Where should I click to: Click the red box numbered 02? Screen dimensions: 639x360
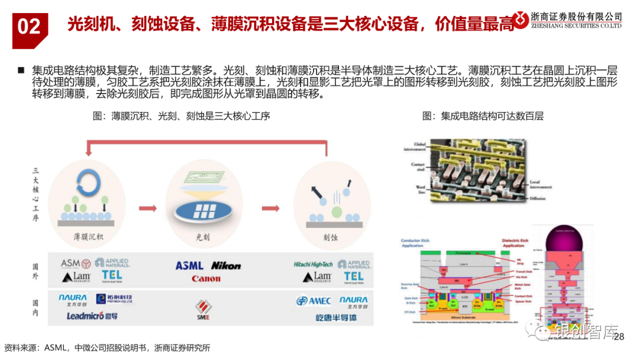coord(29,27)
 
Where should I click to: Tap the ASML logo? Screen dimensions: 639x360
coord(189,266)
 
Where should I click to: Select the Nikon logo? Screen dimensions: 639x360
coord(226,266)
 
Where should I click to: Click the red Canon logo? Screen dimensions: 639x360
coord(206,278)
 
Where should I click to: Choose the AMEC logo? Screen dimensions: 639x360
coord(314,301)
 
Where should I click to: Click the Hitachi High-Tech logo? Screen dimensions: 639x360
coord(314,264)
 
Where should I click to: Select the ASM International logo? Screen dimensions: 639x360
coord(76,263)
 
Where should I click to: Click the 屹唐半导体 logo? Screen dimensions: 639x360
coord(336,318)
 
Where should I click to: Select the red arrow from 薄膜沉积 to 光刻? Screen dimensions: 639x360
coord(147,208)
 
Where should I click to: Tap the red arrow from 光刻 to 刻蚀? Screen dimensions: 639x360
coord(270,208)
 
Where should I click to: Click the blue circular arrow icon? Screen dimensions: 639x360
coord(87,180)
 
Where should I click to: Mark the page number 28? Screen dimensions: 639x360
coord(619,337)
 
